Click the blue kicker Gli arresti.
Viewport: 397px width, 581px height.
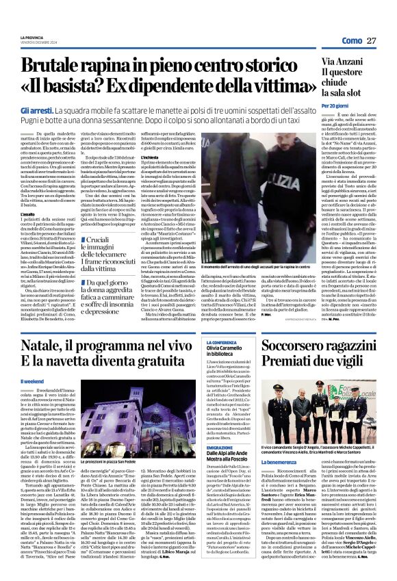[x=36, y=110]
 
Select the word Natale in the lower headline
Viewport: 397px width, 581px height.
[x=48, y=305]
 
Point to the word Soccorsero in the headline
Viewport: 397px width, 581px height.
[x=324, y=305]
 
